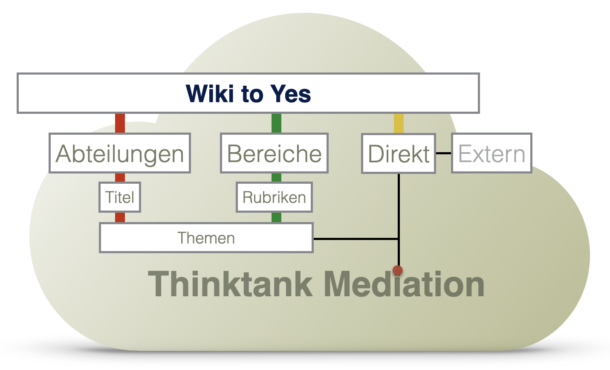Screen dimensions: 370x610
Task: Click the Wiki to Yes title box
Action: [x=248, y=93]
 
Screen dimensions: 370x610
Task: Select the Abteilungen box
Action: [x=120, y=153]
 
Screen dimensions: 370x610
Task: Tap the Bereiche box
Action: [x=274, y=153]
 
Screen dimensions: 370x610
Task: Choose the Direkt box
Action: [x=399, y=153]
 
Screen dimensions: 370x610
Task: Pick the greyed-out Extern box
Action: [x=491, y=153]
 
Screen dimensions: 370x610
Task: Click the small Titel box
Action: [x=120, y=197]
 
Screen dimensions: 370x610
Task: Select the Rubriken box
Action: [x=274, y=197]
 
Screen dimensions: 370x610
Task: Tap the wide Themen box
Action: [x=206, y=237]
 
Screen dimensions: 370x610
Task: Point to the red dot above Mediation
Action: [x=398, y=270]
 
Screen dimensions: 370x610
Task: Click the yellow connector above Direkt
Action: [x=399, y=124]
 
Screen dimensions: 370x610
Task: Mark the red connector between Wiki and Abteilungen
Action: [x=120, y=124]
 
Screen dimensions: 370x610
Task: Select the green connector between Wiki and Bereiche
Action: [x=276, y=124]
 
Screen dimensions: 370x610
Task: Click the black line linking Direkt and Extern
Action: [x=443, y=153]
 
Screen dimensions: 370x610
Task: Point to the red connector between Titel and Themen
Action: [x=120, y=217]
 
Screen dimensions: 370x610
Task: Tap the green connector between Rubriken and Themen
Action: [x=276, y=217]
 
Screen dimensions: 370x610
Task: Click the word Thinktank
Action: [x=230, y=284]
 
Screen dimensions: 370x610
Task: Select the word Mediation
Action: [x=404, y=284]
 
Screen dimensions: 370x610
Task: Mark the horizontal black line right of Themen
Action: [x=356, y=239]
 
